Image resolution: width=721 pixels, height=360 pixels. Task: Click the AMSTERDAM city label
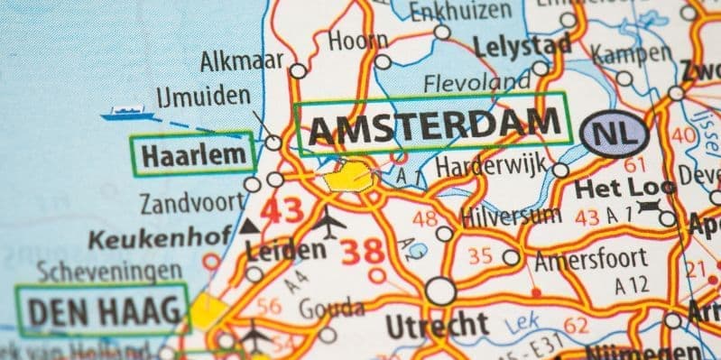pos(432,126)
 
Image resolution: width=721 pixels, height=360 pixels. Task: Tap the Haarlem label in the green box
pos(190,155)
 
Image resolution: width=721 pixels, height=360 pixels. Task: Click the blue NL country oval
pos(616,134)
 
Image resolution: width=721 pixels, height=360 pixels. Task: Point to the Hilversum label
pos(509,217)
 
